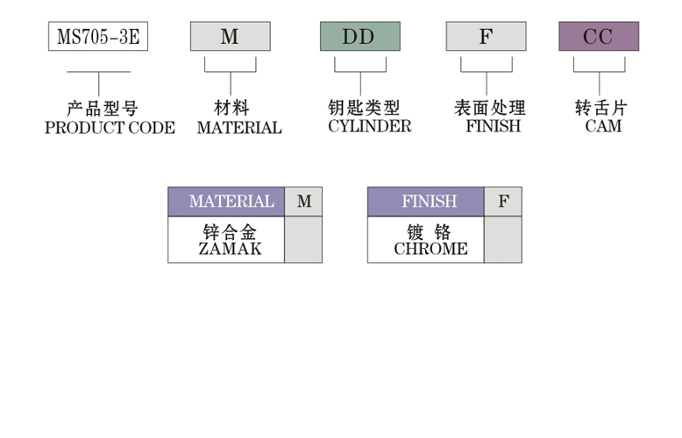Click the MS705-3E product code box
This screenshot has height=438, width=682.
[x=98, y=37]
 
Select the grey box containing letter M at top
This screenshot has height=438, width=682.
[x=230, y=37]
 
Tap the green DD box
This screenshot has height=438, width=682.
[x=359, y=37]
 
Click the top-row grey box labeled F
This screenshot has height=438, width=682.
[x=486, y=37]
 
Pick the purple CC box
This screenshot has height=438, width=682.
[x=599, y=37]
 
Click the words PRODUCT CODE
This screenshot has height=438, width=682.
[x=110, y=128]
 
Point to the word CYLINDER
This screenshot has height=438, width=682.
[x=369, y=127]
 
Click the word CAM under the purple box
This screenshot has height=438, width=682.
[x=603, y=127]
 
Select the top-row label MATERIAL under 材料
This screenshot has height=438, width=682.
[x=239, y=128]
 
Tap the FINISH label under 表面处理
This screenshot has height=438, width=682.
[x=493, y=127]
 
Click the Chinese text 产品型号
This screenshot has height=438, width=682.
[x=103, y=109]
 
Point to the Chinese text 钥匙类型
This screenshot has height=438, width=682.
[x=363, y=109]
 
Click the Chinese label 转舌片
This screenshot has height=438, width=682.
[x=601, y=109]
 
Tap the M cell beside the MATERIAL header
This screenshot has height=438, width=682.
[x=303, y=201]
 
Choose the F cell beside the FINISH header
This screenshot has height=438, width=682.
[x=503, y=201]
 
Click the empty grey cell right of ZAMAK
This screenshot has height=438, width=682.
[x=303, y=240]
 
